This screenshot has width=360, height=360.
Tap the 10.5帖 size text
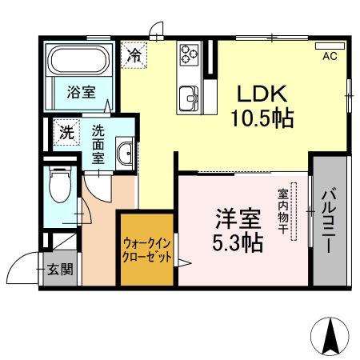point(262,119)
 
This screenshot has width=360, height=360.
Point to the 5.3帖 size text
point(238,242)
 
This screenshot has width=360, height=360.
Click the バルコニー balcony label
point(330,222)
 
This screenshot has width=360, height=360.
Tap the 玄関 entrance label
point(59,270)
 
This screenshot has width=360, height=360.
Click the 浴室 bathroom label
point(80,92)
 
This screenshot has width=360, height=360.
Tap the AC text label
point(330,57)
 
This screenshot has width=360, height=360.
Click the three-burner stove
point(190,54)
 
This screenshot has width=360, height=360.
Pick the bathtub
point(80,61)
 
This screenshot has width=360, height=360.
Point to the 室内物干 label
point(284,211)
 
